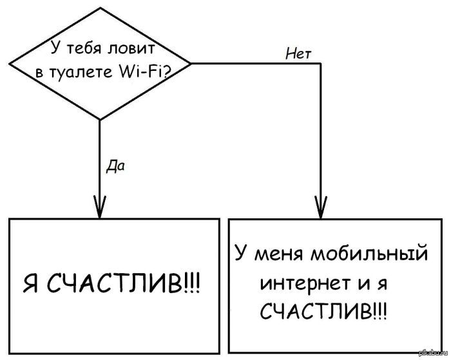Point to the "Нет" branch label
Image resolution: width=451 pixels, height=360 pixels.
coord(298,54)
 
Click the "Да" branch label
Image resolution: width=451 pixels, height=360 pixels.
coord(115,166)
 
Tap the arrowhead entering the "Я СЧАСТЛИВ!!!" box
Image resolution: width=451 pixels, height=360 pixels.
coord(99,207)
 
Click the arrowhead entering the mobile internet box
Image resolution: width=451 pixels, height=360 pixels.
coord(321,207)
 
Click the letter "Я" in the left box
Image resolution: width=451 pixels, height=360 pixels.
coord(30,283)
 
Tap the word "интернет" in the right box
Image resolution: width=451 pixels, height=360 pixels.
coord(305,283)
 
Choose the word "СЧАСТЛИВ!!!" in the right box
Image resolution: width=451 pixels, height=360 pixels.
coord(323,311)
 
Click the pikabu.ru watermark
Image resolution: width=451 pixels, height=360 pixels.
coord(434,354)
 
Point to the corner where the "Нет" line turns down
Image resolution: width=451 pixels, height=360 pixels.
coord(321,63)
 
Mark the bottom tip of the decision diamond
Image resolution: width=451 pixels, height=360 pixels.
coord(99,119)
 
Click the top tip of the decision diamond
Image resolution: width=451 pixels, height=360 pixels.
coord(101,8)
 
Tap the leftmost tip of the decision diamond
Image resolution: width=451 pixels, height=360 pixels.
coord(10,64)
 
